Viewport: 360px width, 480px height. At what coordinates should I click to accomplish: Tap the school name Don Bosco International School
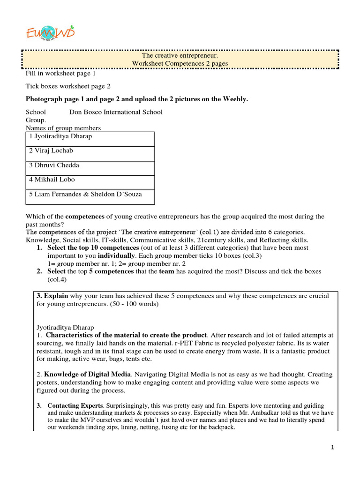point(116,112)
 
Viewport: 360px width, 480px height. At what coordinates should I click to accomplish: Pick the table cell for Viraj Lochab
point(90,151)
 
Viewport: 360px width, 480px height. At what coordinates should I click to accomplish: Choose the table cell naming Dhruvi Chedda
point(90,165)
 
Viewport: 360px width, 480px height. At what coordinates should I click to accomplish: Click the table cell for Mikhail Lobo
point(90,180)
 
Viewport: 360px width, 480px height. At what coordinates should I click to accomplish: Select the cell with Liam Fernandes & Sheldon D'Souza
point(90,194)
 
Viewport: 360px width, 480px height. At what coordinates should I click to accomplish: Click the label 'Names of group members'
point(63,128)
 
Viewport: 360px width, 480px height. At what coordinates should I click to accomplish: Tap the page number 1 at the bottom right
point(332,448)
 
